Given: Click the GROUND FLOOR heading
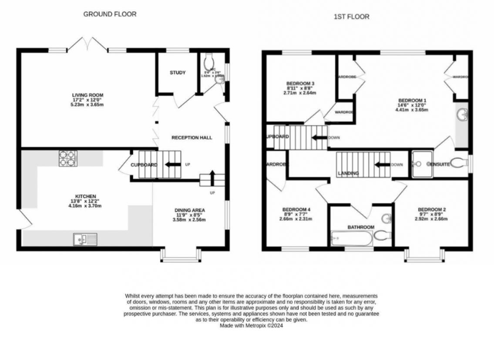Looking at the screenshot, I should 110,14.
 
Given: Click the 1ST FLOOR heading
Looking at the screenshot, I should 351,17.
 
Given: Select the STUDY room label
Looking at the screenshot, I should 178,73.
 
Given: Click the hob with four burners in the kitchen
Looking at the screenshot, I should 68,158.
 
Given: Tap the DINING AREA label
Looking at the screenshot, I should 190,210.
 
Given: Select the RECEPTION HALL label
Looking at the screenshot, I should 192,138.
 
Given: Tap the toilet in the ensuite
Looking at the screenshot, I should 457,164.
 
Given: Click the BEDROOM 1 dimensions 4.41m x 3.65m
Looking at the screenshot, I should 412,110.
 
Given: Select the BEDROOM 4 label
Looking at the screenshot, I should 296,209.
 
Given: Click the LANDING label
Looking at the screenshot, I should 348,173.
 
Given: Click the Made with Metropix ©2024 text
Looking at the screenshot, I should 251,325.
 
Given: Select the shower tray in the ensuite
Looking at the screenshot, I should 420,164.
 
